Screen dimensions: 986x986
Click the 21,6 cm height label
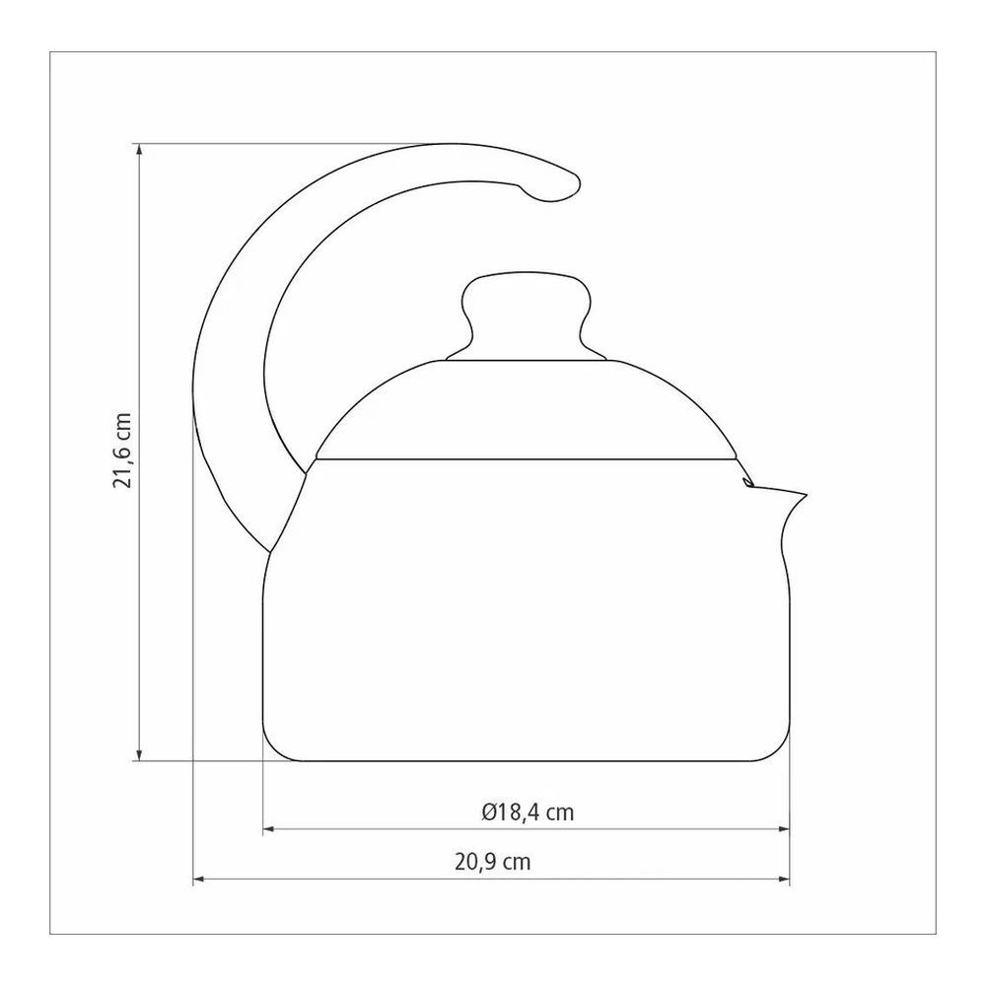[x=122, y=451]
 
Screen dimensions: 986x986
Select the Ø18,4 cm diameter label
[x=528, y=812]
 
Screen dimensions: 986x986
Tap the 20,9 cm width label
[x=493, y=862]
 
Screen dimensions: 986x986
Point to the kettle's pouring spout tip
[x=804, y=495]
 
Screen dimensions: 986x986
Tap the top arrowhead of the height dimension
[x=140, y=150]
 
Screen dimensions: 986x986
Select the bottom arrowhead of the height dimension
[x=140, y=754]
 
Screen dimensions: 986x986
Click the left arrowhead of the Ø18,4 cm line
[x=269, y=829]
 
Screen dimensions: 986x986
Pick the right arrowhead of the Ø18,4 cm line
[x=783, y=829]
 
